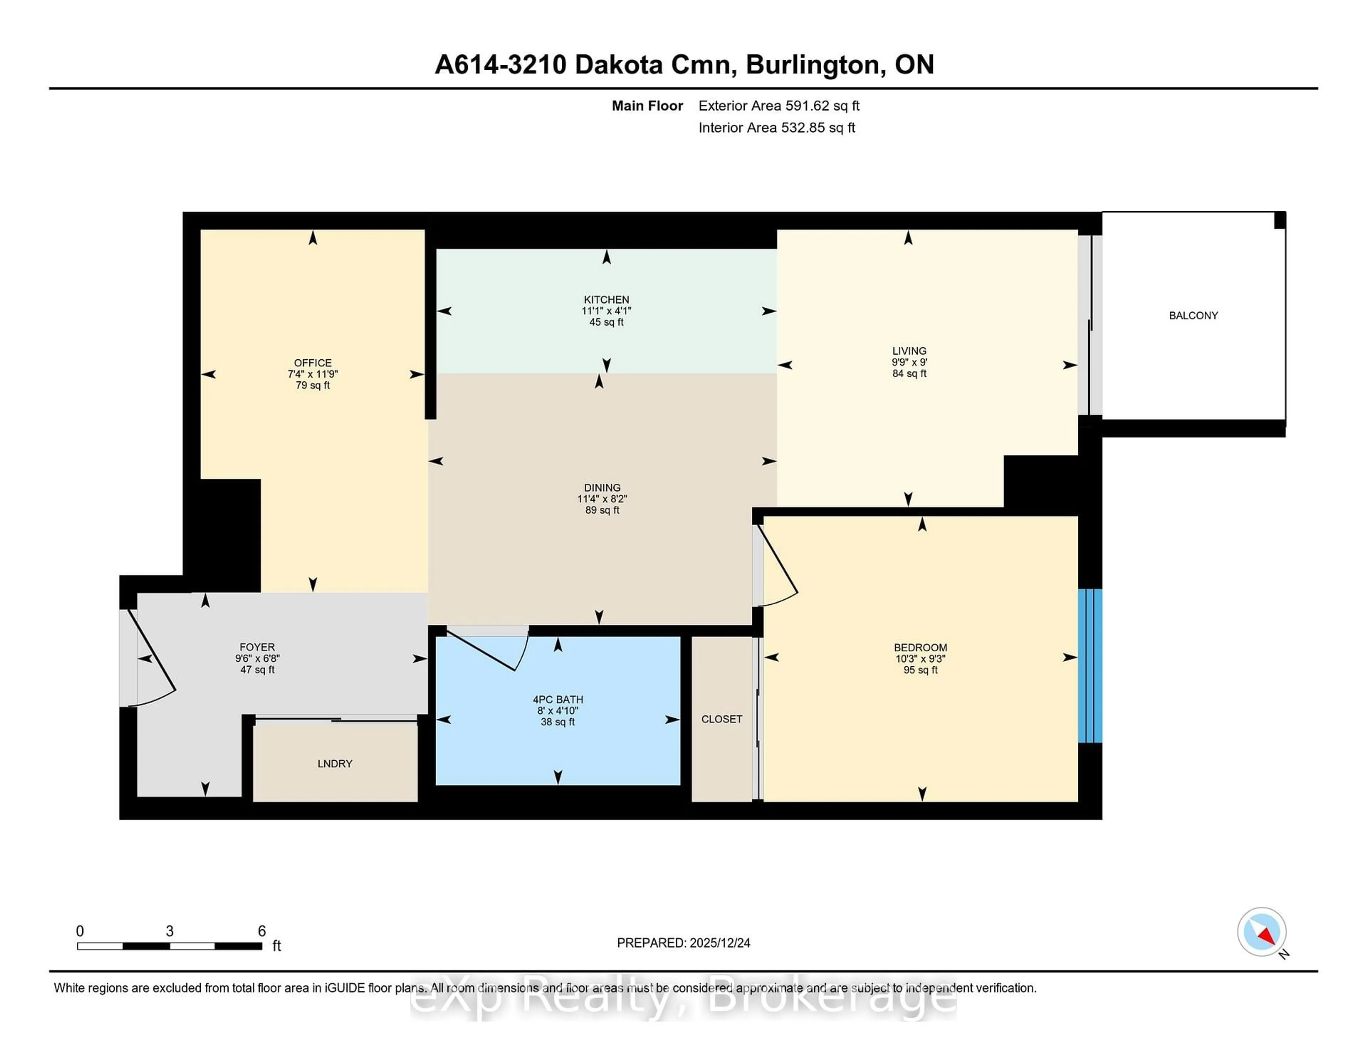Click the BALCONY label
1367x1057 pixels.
pos(1193,316)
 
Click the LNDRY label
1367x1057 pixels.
pos(335,763)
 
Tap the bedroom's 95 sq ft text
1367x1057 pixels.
pos(920,670)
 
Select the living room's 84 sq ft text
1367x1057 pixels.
pos(909,373)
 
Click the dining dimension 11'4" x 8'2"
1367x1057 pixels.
pos(602,499)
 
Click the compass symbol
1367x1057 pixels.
pos(1261,932)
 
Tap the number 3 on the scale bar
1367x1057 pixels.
pos(169,931)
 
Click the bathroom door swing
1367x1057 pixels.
pos(494,648)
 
